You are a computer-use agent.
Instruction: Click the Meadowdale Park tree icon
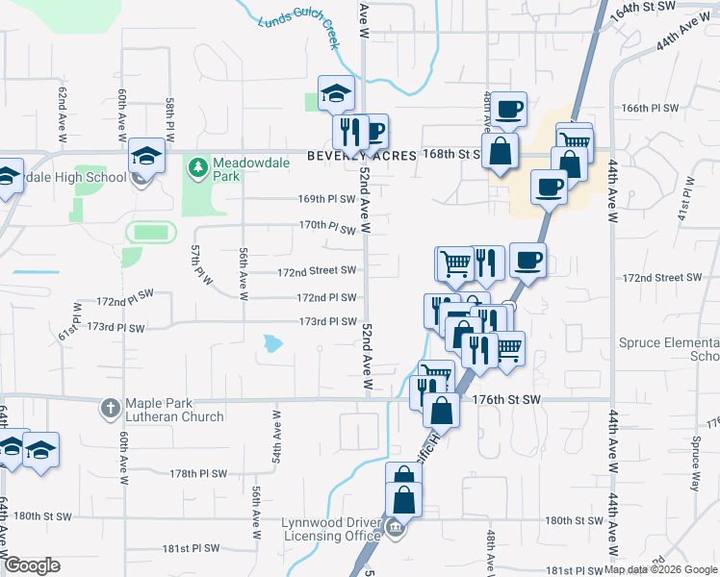(x=198, y=168)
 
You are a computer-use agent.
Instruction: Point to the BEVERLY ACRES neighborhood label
(x=362, y=156)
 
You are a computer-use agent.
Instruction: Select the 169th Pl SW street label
(x=327, y=200)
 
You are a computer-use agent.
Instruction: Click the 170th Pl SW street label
(x=327, y=228)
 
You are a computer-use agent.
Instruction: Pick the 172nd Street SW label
(x=317, y=272)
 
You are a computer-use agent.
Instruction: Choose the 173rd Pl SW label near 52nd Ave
(x=327, y=322)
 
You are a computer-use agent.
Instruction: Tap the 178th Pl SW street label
(x=198, y=474)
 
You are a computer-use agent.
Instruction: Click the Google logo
(x=33, y=565)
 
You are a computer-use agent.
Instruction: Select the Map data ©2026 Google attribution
(x=660, y=569)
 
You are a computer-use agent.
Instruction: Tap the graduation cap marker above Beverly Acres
(x=337, y=93)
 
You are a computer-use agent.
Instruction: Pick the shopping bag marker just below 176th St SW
(x=440, y=411)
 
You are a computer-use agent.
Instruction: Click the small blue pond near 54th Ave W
(x=273, y=342)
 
